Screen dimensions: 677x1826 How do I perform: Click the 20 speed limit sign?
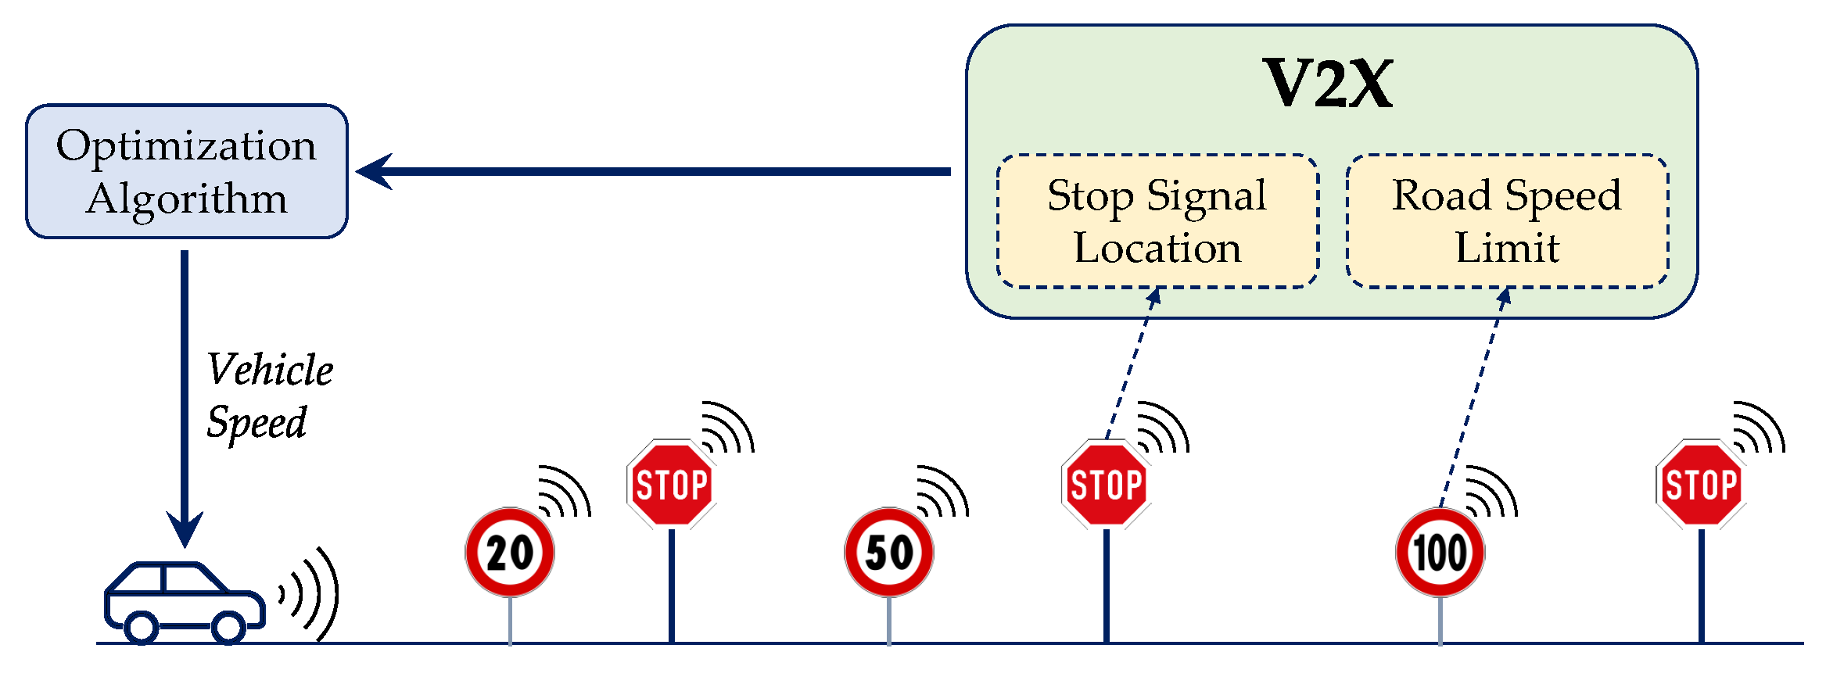tap(510, 553)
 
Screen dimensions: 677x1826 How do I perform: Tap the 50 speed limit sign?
tap(889, 553)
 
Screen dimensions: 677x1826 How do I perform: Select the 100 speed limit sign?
tap(1440, 553)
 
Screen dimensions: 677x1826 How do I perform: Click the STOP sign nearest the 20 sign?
tap(672, 485)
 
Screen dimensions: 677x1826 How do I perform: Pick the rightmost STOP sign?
tap(1701, 485)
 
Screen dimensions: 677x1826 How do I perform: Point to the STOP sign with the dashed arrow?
tap(1106, 485)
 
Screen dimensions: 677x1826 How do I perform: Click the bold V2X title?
tap(1329, 84)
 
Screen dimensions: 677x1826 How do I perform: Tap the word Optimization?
tap(186, 146)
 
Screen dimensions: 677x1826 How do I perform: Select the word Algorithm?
tap(186, 199)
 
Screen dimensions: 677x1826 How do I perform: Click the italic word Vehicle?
tap(270, 370)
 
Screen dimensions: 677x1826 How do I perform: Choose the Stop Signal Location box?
tap(1157, 221)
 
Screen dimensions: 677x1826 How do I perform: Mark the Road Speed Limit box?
tap(1507, 221)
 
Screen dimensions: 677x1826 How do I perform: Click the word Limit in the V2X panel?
tap(1507, 248)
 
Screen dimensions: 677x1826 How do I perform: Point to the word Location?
tap(1157, 248)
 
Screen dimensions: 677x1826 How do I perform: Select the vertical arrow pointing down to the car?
tap(185, 391)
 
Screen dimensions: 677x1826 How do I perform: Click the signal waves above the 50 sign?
tap(943, 492)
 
